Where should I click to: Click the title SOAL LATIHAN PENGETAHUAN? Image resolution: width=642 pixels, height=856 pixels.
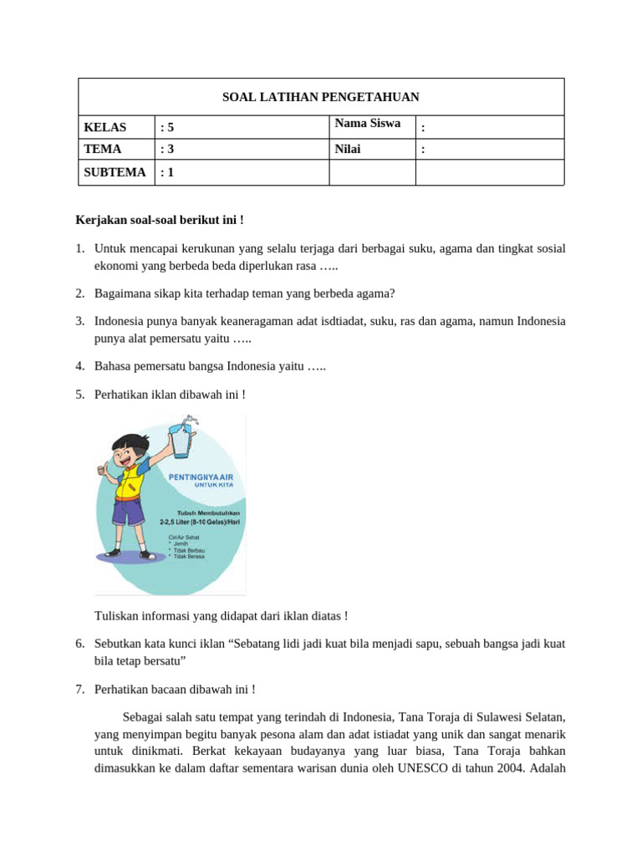point(320,97)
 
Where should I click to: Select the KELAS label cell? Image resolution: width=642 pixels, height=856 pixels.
point(105,127)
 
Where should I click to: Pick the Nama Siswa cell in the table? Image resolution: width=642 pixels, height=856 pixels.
point(368,124)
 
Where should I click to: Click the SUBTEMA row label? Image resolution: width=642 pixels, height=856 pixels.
point(115,173)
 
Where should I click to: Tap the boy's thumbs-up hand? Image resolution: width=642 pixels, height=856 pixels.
point(104,468)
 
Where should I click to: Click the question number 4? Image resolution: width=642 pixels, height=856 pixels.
point(79,366)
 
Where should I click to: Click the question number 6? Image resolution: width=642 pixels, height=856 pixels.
point(79,644)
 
